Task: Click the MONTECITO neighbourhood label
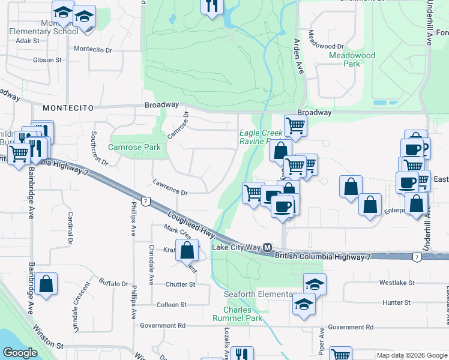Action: click(x=68, y=107)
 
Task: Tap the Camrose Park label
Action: click(x=134, y=147)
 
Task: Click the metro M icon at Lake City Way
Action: click(x=268, y=247)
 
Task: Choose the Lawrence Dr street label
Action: click(x=170, y=187)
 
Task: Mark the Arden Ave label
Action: click(x=298, y=58)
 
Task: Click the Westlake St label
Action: click(x=397, y=282)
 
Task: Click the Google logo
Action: click(x=20, y=353)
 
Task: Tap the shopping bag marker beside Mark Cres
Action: click(x=187, y=250)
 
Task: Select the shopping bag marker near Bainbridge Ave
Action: click(x=46, y=284)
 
